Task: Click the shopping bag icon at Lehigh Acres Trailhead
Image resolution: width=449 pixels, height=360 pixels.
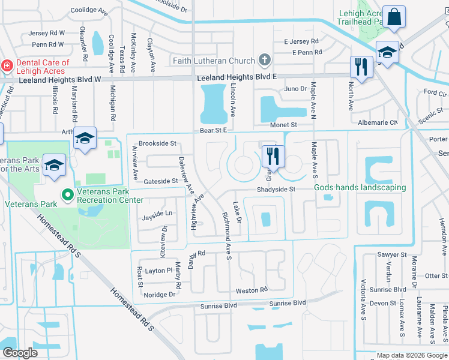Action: [396, 19]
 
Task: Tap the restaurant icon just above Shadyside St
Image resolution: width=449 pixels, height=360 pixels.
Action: [273, 156]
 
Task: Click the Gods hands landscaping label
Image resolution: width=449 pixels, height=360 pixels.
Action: [360, 188]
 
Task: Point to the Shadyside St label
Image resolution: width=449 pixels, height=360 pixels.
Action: [277, 190]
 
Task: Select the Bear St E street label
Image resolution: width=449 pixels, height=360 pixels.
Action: [213, 130]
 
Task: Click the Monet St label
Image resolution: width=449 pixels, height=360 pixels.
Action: [285, 125]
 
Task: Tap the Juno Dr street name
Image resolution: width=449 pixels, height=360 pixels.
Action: [295, 89]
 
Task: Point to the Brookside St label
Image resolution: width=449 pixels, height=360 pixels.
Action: [157, 144]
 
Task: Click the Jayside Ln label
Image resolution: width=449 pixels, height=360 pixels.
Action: [157, 213]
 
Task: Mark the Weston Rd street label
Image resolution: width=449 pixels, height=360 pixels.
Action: [252, 290]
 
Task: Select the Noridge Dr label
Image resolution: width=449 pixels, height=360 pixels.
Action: [160, 295]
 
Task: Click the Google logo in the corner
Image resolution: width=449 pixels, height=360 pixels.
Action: [20, 353]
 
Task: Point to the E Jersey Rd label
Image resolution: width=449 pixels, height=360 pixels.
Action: [301, 41]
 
